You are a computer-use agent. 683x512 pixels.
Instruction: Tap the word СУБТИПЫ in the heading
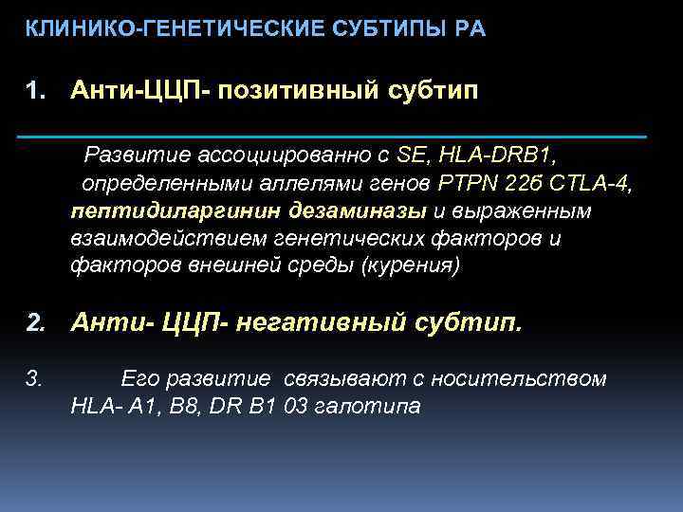point(389,29)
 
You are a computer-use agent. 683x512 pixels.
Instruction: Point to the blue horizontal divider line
point(332,137)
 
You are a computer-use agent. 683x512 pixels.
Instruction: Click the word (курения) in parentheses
point(412,266)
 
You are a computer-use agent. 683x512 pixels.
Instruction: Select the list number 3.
point(34,379)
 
